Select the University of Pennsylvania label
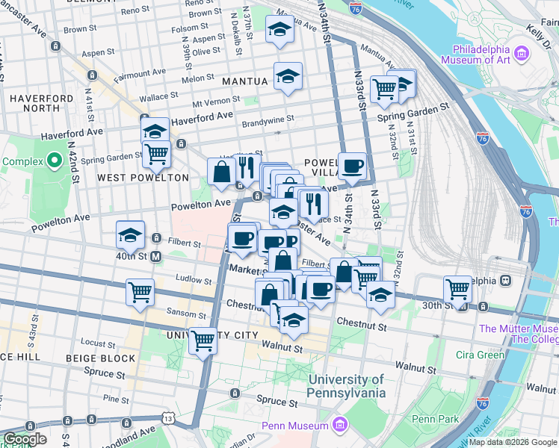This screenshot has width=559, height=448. click(347, 386)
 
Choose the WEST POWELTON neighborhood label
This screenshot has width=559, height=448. click(143, 178)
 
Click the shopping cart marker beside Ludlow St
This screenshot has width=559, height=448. click(140, 292)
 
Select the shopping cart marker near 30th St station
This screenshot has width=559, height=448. click(457, 289)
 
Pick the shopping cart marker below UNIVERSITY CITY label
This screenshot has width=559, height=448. click(203, 340)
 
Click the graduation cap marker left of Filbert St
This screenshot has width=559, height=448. click(130, 235)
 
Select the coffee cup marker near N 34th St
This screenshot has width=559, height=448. click(352, 166)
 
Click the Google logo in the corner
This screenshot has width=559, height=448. click(25, 439)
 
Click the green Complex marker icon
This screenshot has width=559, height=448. click(54, 161)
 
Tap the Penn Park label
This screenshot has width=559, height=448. click(435, 420)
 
